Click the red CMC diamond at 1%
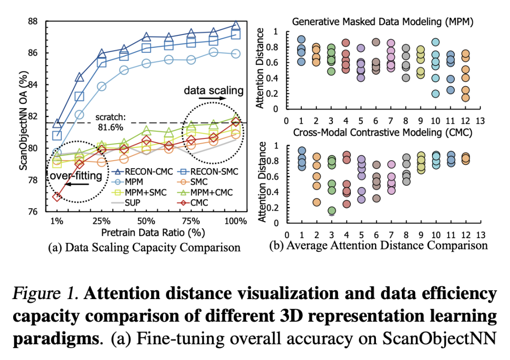(57, 196)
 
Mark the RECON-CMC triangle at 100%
(236, 26)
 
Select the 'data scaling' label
(213, 90)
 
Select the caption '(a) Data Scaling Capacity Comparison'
(144, 247)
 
